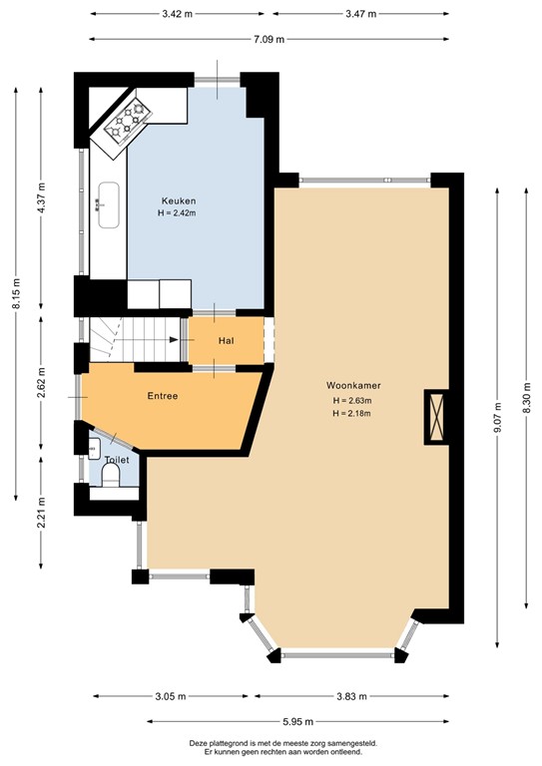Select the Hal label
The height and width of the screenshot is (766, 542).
click(x=227, y=341)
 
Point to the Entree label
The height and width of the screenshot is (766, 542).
click(x=163, y=396)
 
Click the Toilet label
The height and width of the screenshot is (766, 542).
click(x=118, y=460)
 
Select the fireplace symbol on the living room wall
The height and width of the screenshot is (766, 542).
click(x=437, y=416)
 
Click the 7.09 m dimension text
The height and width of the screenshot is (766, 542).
click(x=267, y=39)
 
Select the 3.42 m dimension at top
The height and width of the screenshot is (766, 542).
click(x=178, y=15)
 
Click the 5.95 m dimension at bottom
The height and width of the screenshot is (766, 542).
click(x=297, y=721)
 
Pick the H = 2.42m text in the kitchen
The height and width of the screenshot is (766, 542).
click(x=176, y=212)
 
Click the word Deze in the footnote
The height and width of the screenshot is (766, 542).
click(x=200, y=743)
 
